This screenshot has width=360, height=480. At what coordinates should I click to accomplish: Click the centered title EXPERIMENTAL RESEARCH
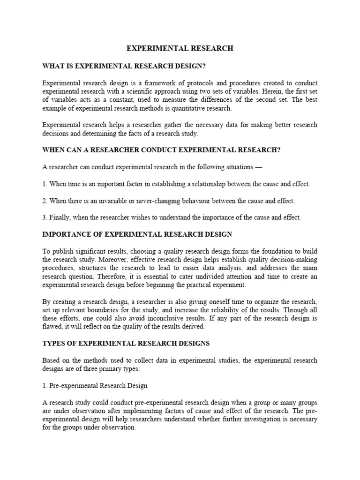(180, 48)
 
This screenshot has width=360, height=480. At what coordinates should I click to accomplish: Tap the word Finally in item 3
(60, 217)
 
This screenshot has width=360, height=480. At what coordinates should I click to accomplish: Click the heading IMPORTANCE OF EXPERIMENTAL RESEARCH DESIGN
(137, 234)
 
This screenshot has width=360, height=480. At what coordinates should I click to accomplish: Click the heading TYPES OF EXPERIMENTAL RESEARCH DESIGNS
(126, 344)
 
